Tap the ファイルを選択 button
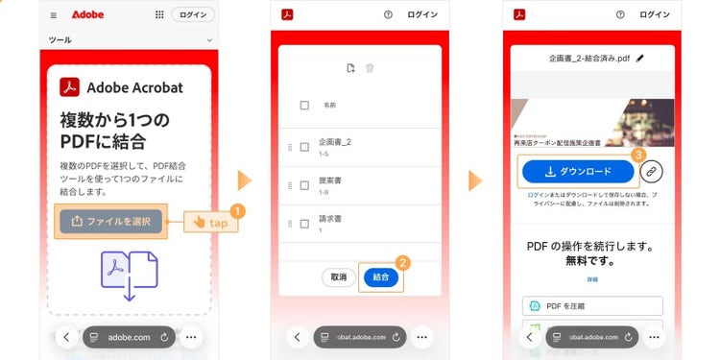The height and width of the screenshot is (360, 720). pos(110,221)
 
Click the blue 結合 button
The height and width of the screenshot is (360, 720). pos(381,276)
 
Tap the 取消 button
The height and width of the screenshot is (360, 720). pos(338,276)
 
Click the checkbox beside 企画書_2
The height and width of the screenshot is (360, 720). pos(304,147)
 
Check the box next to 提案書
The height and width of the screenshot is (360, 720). pos(304,184)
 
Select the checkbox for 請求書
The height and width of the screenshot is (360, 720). pos(304,223)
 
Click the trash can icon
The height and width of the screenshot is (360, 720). pos(371,68)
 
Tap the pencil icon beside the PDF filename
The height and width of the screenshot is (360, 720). pos(640,59)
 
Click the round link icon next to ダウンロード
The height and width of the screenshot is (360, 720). pos(652,172)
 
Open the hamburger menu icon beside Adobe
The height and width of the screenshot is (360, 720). pos(54,15)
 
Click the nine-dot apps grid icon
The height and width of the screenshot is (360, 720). pos(158,15)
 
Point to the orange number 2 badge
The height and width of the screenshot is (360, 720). pos(403,261)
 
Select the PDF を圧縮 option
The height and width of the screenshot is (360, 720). pos(592,306)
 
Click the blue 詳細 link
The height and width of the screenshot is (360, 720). pos(591,279)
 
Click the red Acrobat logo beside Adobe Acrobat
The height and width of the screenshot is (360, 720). pos(70,87)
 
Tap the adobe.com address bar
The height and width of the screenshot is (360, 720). pos(129,337)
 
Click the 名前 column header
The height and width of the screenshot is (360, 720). pos(329,105)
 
